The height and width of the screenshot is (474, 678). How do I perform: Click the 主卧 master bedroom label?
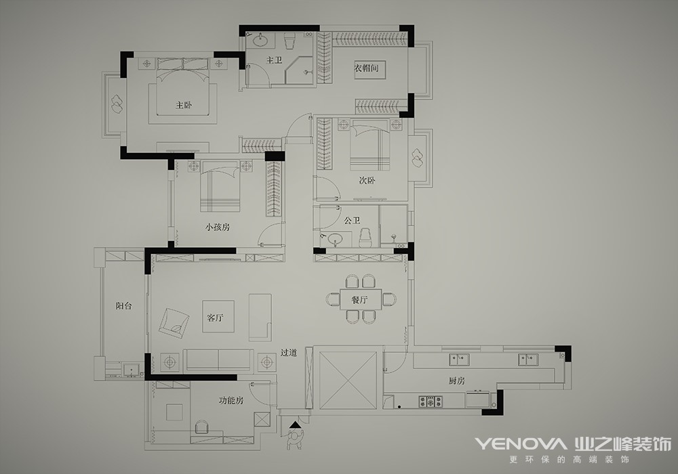[x=184, y=105]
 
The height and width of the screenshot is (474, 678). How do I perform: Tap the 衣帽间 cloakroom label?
[x=367, y=68]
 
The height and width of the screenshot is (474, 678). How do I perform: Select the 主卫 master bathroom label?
[x=274, y=60]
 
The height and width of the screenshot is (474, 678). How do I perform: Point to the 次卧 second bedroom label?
[x=367, y=180]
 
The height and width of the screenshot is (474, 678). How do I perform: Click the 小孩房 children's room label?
[x=218, y=227]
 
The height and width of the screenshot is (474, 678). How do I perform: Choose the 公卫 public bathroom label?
[x=352, y=221]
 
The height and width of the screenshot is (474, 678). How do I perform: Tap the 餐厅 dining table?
[x=360, y=299]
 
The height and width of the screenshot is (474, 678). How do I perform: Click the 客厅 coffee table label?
[x=216, y=318]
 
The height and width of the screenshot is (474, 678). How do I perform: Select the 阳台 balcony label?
[x=123, y=306]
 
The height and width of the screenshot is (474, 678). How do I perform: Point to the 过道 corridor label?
[x=288, y=353]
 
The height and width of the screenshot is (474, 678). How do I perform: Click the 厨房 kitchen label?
[x=456, y=381]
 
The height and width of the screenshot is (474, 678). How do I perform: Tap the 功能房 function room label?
[x=231, y=401]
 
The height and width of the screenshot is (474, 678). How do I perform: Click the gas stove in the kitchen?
[x=431, y=402]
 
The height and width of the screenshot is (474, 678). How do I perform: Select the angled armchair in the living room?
[x=174, y=324]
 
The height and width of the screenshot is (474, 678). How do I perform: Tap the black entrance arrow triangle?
[x=296, y=425]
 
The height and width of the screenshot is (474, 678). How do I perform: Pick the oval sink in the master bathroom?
[x=260, y=41]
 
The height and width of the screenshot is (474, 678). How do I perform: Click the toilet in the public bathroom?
[x=366, y=238]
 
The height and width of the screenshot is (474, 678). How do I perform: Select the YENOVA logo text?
[x=521, y=444]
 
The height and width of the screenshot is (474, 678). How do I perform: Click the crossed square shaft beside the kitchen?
[x=348, y=379]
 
